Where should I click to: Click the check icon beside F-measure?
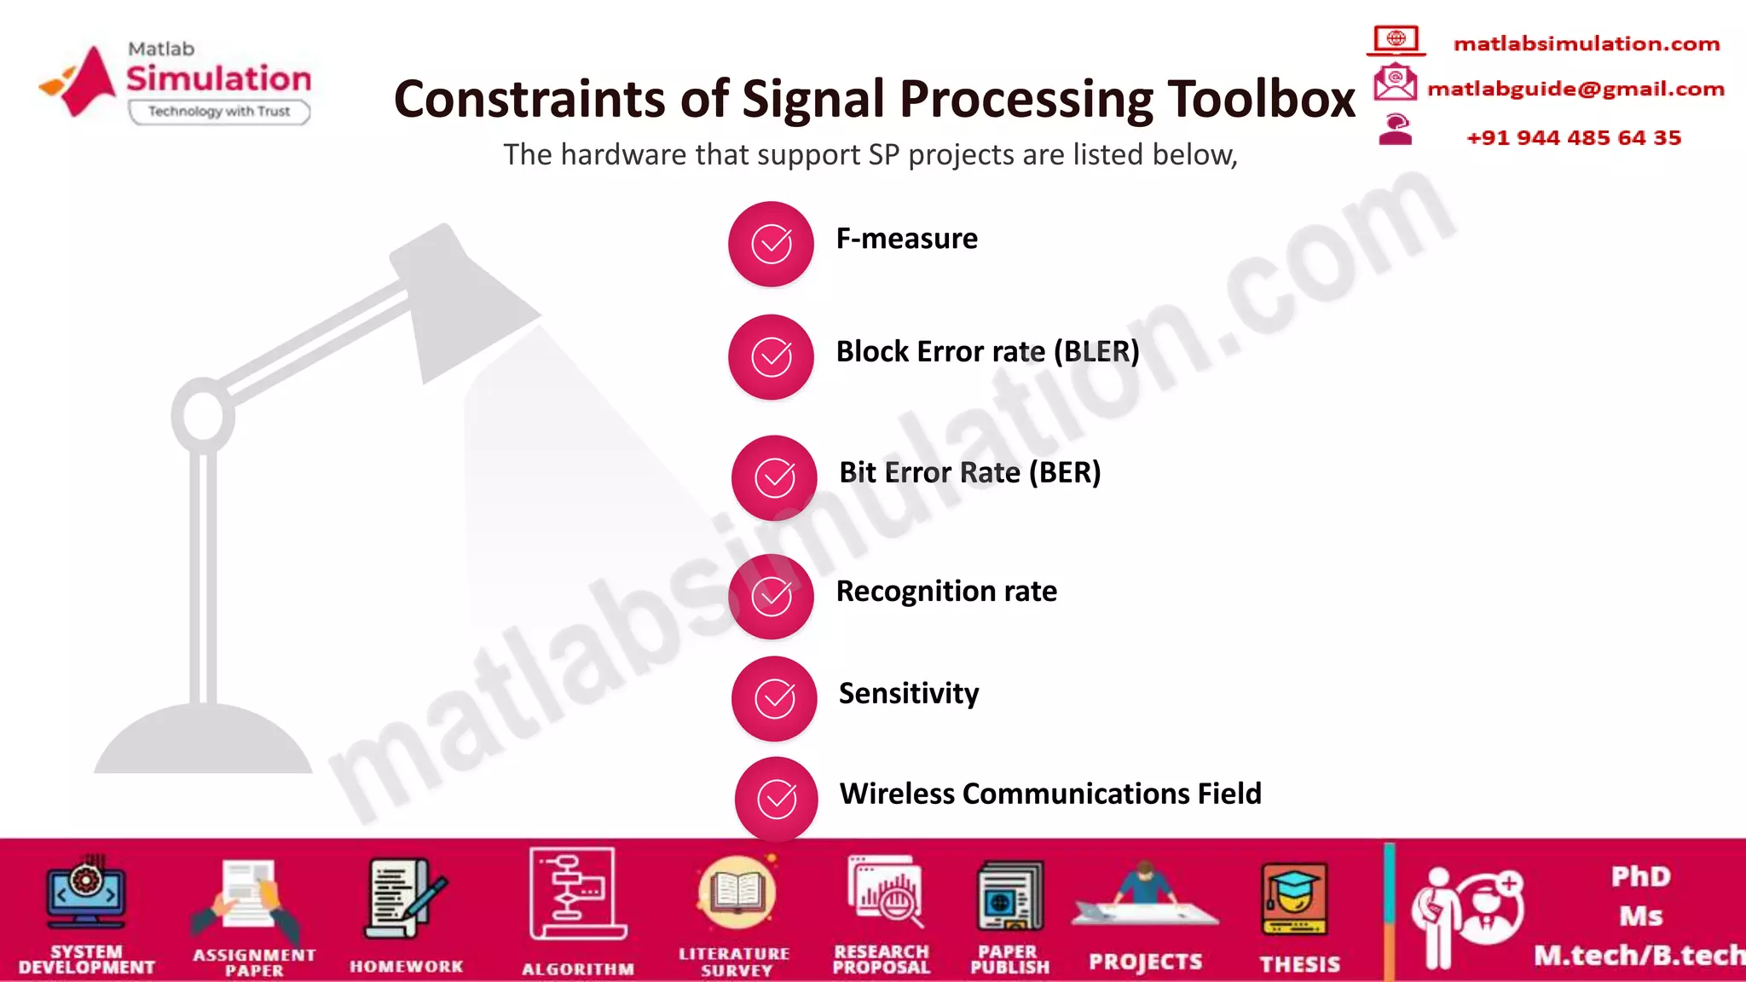click(772, 245)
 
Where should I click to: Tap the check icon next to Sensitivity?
click(775, 699)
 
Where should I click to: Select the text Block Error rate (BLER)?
click(987, 351)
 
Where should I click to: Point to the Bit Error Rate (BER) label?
click(969, 472)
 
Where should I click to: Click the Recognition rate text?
click(946, 591)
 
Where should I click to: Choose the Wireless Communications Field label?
click(1050, 794)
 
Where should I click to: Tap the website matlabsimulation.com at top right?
click(1586, 43)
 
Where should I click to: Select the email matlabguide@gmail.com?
click(1575, 89)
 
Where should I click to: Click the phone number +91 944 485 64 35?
click(1574, 138)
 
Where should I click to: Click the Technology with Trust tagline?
click(219, 112)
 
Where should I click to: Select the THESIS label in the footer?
click(1299, 964)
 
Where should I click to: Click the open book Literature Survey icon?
click(736, 892)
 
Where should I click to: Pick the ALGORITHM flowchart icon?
click(577, 893)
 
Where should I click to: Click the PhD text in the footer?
click(1640, 877)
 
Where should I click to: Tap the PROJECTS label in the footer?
click(1145, 962)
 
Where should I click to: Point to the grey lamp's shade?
click(460, 298)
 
